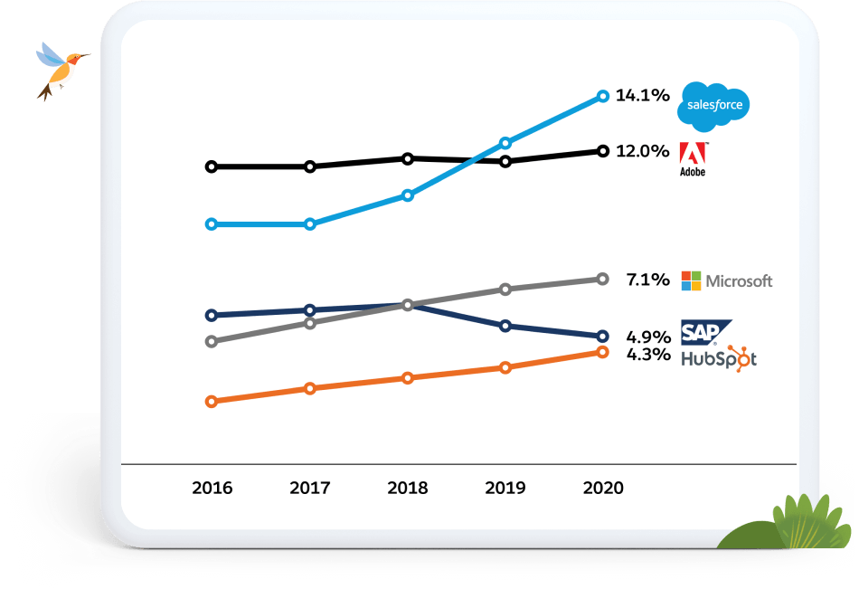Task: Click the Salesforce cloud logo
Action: click(714, 106)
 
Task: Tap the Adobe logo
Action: click(693, 158)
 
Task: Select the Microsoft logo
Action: click(727, 281)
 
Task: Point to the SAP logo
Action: click(705, 333)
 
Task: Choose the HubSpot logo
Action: click(719, 359)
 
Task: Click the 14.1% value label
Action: click(642, 96)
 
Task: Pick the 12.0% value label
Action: click(642, 151)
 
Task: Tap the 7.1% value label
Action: click(647, 280)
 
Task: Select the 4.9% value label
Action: click(647, 336)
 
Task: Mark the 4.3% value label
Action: click(647, 355)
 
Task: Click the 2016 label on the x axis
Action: click(212, 489)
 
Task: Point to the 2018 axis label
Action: click(408, 489)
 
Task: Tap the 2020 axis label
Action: click(603, 489)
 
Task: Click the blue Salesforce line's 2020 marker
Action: click(603, 95)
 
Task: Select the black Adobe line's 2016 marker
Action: click(212, 166)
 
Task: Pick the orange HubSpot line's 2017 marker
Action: click(310, 388)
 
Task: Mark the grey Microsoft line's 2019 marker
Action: click(505, 290)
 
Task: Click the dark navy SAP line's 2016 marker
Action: click(212, 316)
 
